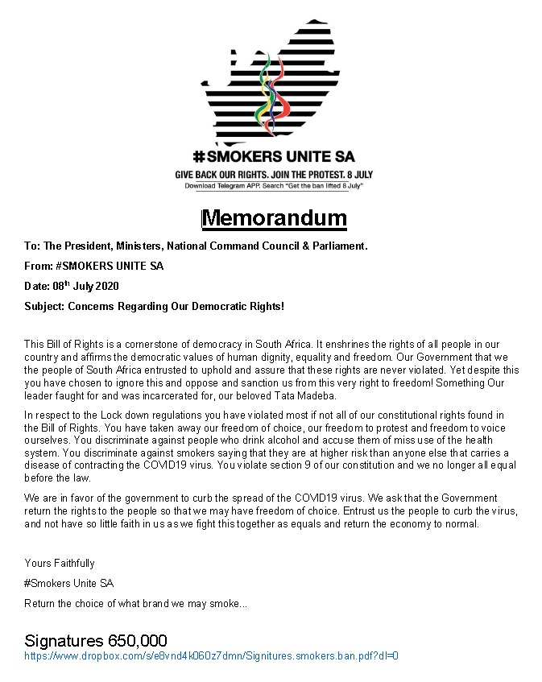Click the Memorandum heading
[x=274, y=218]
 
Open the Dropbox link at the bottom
[x=212, y=656]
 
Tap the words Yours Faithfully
[x=60, y=563]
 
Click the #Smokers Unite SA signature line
[x=69, y=582]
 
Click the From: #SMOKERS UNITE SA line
[x=94, y=267]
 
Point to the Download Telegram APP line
[x=274, y=186]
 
